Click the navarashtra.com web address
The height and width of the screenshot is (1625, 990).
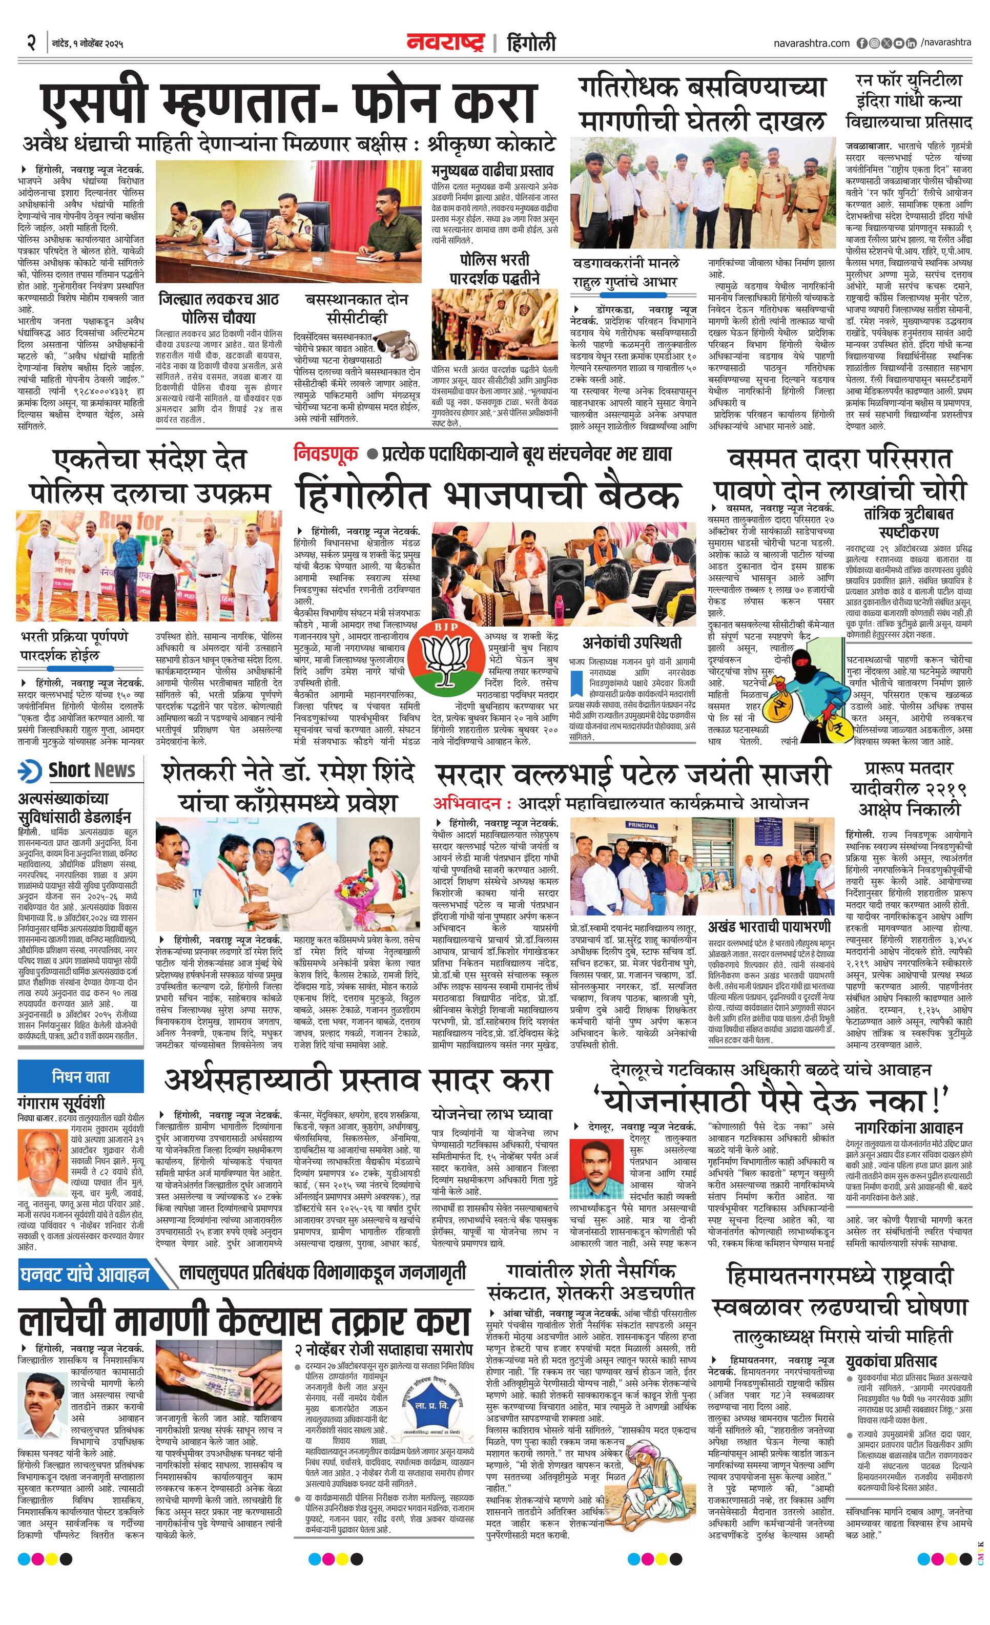click(811, 43)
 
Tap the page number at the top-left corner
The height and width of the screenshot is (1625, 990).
click(30, 44)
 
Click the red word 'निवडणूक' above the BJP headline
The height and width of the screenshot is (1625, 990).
click(326, 453)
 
